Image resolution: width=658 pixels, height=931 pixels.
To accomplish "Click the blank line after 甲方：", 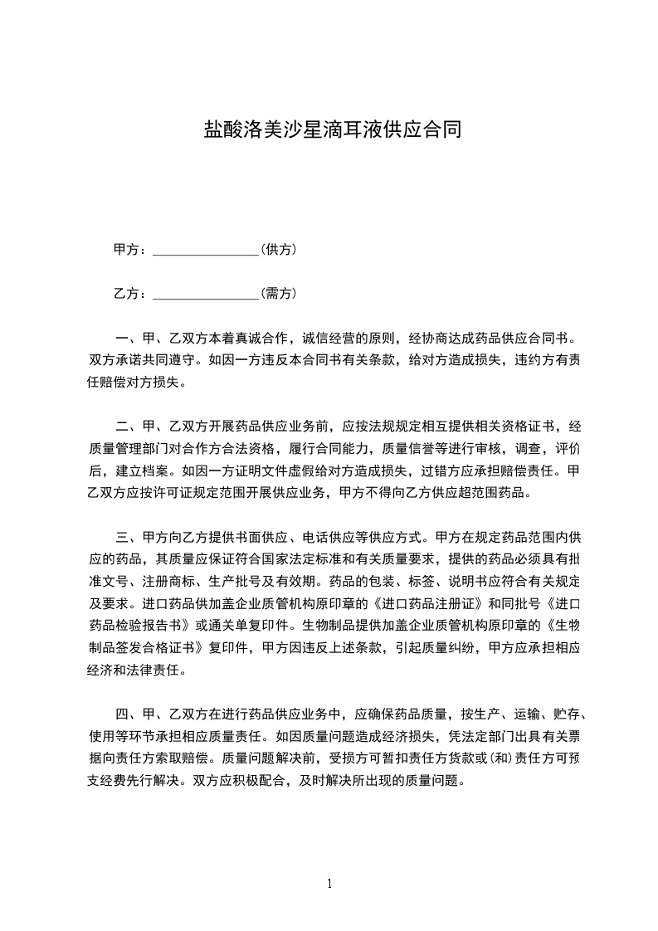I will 206,250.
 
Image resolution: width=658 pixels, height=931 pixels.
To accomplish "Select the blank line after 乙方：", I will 206,294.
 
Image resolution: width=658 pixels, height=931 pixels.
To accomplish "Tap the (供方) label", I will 280,249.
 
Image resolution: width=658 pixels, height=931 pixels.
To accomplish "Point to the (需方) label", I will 280,293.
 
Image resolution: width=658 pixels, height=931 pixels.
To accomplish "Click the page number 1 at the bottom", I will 329,884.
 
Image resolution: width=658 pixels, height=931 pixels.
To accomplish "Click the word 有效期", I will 345,581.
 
